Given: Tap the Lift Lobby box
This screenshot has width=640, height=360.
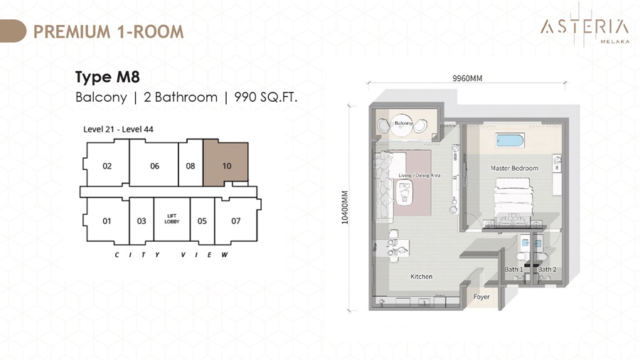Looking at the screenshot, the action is (x=172, y=219).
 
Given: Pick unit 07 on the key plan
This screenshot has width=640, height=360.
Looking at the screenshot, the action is (x=237, y=221).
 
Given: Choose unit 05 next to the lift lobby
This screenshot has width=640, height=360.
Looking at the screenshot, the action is (x=203, y=221).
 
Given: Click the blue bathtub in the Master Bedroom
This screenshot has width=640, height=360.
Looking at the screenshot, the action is (x=510, y=141).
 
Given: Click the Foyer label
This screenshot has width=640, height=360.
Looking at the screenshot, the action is (x=481, y=297).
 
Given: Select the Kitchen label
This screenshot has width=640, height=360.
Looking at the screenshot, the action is (x=421, y=276).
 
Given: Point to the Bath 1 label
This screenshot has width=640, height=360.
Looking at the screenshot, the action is (x=513, y=270).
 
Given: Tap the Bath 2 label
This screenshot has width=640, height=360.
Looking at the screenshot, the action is (x=547, y=270).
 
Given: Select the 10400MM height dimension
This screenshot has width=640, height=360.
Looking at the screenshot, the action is (x=345, y=207).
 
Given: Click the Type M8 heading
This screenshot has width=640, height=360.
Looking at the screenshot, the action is (x=107, y=77).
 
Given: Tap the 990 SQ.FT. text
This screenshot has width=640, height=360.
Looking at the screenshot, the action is (x=266, y=97).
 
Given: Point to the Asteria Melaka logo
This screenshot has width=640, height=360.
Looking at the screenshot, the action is (x=585, y=27).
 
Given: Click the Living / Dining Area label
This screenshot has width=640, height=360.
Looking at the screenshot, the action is (x=420, y=175).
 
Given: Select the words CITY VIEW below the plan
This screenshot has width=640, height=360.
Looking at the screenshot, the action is (x=171, y=255).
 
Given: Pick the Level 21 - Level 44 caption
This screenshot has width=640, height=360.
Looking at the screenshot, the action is (x=118, y=129).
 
